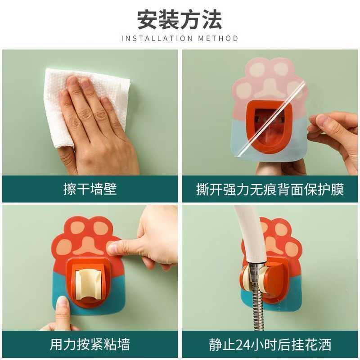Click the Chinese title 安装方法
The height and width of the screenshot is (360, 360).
[180, 20]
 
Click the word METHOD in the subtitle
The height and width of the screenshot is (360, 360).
[218, 38]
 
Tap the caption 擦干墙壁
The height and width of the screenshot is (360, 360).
[90, 189]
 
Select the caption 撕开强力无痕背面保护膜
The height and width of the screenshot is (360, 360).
[270, 189]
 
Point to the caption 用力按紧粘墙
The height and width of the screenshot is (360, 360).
[90, 345]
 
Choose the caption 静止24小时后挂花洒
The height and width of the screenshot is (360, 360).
[270, 345]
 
